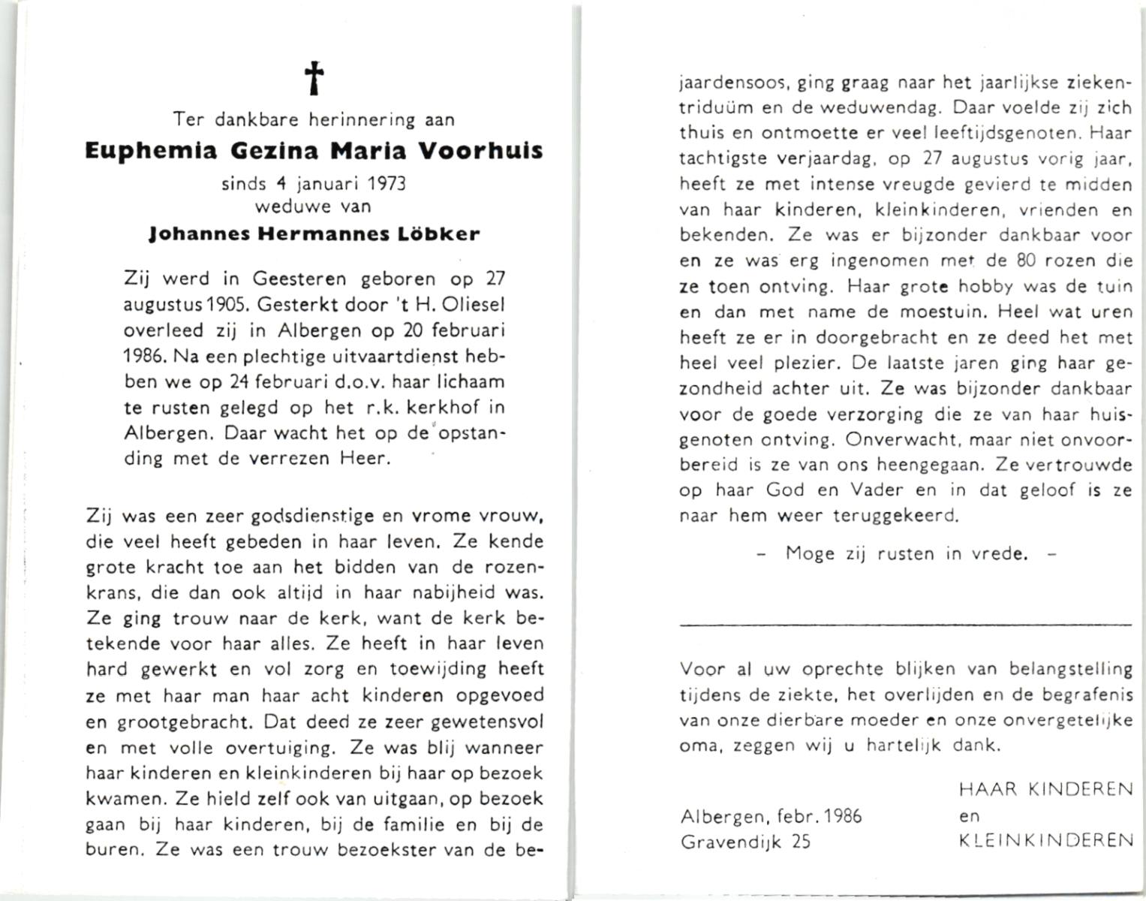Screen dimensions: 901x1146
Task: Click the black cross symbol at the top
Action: coord(314,78)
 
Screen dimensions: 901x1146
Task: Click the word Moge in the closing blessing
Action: coord(810,554)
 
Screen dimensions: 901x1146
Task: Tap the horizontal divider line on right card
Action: coord(905,624)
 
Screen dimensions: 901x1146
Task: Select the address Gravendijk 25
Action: coord(745,842)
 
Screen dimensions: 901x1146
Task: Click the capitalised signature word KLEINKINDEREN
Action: coord(1047,840)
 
